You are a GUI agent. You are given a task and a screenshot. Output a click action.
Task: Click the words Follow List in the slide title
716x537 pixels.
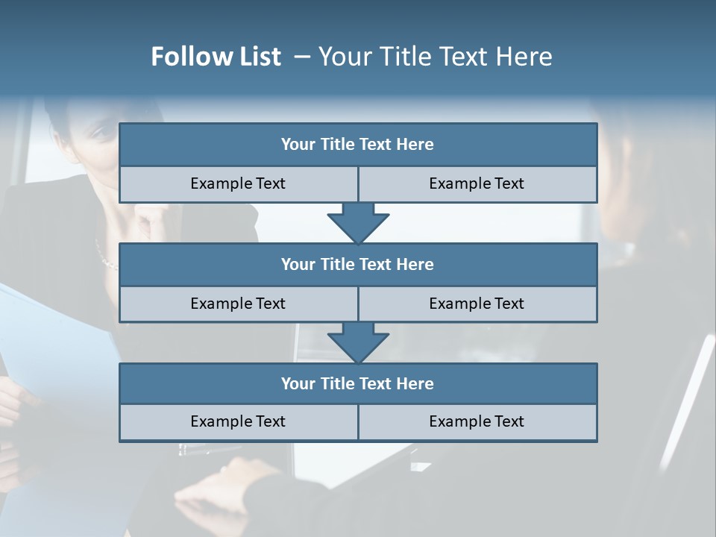(x=216, y=57)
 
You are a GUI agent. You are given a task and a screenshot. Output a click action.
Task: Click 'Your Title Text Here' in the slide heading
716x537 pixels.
(x=435, y=57)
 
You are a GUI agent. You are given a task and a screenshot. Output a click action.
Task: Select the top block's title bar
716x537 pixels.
(x=358, y=145)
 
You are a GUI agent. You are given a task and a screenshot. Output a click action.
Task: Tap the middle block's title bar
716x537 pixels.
(x=358, y=265)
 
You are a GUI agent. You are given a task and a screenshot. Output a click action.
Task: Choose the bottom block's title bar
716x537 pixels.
(x=358, y=384)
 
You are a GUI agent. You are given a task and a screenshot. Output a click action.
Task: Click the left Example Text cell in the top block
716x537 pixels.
(x=238, y=184)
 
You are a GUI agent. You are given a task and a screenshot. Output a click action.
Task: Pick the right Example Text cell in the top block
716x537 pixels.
(x=477, y=184)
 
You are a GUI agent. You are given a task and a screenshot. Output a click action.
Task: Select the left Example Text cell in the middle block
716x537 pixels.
(x=238, y=304)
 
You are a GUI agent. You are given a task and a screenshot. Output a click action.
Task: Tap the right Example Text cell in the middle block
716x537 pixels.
(x=477, y=304)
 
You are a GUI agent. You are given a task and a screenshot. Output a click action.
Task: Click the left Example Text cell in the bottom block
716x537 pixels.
(x=238, y=422)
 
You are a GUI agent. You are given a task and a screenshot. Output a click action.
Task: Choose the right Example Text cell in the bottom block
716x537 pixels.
(x=477, y=422)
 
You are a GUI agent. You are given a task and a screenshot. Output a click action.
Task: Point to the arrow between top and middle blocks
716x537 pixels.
(x=358, y=222)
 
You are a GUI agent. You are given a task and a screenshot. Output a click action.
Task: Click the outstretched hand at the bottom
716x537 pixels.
(x=224, y=485)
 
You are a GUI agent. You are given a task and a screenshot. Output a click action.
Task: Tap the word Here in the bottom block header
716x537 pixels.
(x=415, y=384)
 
